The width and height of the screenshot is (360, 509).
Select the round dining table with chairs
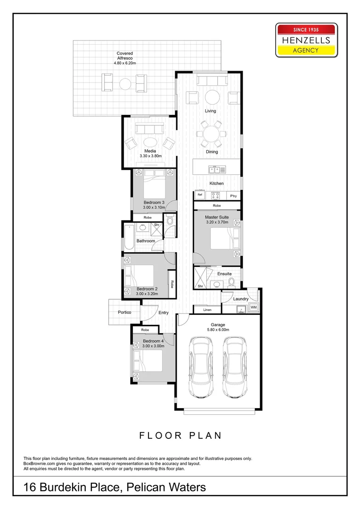(211, 133)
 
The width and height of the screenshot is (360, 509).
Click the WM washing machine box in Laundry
(254, 307)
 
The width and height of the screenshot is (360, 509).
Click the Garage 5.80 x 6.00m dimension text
(218, 330)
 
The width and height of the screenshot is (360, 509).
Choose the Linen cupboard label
(207, 310)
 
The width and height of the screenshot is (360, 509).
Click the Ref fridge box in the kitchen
(200, 195)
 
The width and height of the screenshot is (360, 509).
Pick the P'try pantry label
(233, 195)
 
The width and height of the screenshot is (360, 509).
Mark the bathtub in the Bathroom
(129, 236)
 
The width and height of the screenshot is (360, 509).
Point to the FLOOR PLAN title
(180, 435)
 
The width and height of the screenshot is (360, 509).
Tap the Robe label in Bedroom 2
(172, 284)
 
